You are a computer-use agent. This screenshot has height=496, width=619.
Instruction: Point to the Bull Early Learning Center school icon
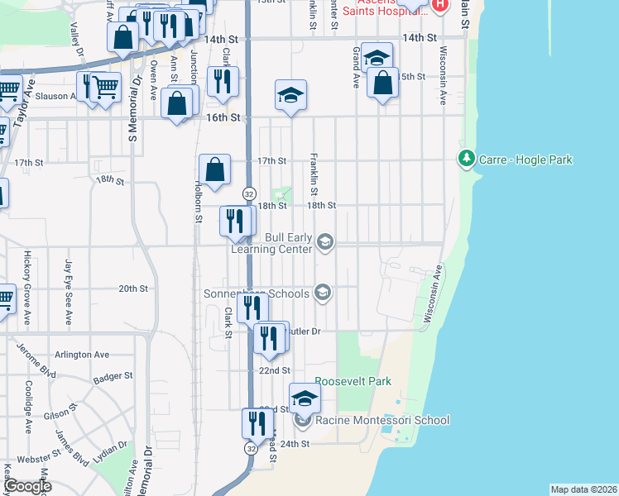tap(325, 241)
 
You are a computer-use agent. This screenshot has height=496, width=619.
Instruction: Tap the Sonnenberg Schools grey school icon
tap(323, 293)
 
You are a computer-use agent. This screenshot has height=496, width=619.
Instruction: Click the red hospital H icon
tap(440, 4)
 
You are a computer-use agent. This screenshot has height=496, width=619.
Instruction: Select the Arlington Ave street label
tap(82, 355)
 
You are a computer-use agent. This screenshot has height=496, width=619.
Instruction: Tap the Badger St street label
tap(113, 376)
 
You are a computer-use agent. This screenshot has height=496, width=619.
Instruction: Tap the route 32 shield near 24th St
tap(250, 447)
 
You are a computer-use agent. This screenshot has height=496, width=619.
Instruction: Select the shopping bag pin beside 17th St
tap(214, 170)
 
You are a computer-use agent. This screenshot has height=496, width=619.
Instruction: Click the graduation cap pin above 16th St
tap(291, 95)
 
